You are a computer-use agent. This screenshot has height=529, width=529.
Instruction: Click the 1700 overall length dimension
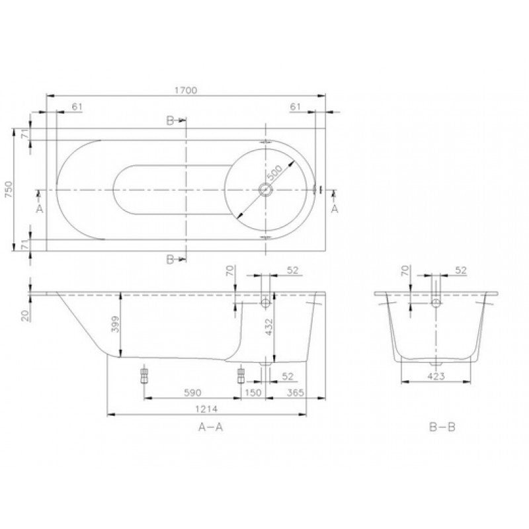coord(186,91)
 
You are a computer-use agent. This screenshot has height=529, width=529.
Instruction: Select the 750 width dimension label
coord(9,189)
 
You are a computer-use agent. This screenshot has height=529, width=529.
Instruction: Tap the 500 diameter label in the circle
coord(274,173)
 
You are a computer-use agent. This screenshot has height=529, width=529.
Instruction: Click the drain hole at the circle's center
coord(265,189)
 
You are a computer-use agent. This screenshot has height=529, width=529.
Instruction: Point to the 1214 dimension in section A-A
coord(206,409)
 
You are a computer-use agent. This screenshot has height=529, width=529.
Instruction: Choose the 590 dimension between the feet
coord(192,393)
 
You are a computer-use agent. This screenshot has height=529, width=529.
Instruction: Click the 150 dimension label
coord(253,393)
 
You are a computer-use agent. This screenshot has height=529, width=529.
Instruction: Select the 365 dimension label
coord(296,393)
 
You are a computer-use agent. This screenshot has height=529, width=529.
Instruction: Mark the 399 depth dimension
coord(115,324)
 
